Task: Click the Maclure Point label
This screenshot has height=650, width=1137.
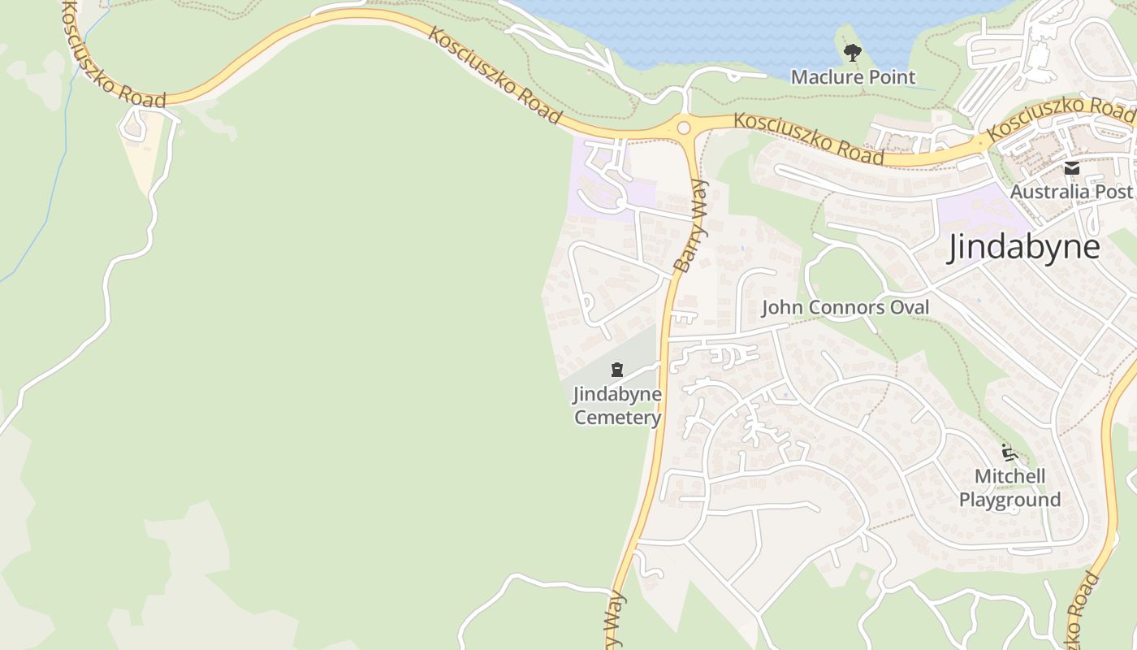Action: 853,77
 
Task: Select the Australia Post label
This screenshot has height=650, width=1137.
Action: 1070,192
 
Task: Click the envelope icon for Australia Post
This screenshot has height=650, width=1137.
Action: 1072,169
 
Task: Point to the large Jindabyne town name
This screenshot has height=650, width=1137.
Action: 1024,247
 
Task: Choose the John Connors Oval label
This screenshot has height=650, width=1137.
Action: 845,308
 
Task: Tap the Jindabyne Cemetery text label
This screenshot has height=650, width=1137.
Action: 617,406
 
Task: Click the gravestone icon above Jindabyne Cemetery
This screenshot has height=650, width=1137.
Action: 617,370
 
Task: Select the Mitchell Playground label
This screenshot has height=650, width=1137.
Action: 1009,487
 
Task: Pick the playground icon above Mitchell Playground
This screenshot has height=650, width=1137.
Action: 1009,453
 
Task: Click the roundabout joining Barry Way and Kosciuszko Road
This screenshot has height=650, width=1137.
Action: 683,128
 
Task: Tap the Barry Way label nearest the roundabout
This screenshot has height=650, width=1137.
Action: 690,226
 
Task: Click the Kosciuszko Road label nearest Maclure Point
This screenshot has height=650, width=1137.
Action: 808,137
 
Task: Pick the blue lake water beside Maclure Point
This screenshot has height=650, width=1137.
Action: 731,32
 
